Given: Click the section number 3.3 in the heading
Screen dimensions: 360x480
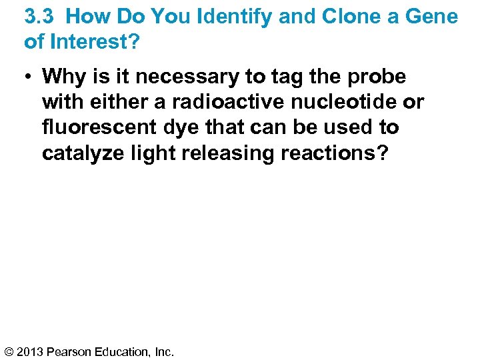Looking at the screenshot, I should tap(39, 17).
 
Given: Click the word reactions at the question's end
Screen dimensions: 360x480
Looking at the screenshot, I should tap(334, 153).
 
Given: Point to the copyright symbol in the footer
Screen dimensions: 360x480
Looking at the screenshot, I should tap(9, 351).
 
